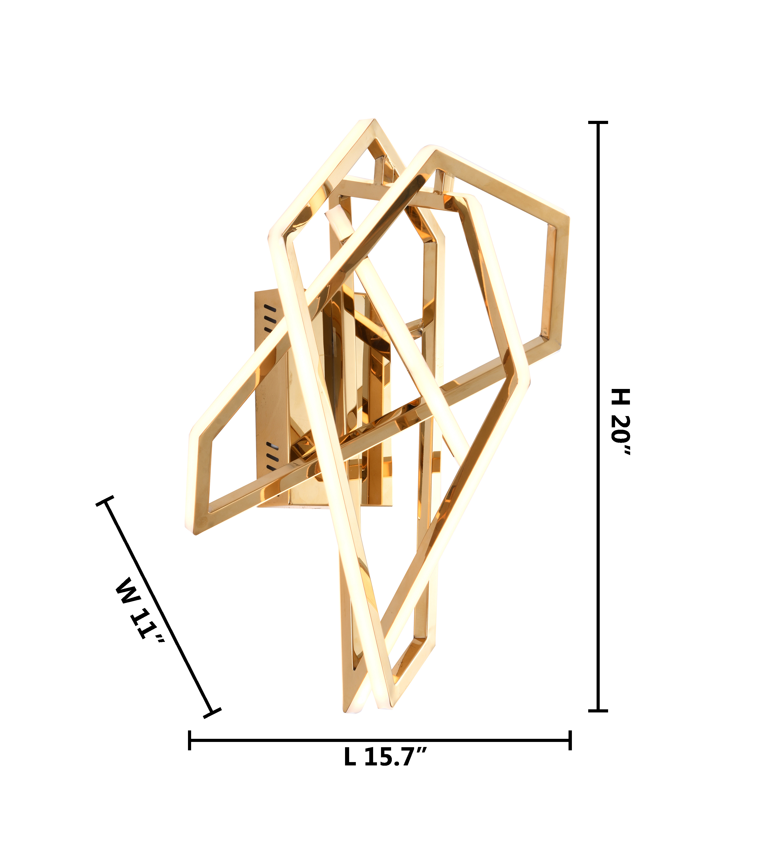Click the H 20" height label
[621, 422]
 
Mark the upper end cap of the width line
[105, 501]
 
